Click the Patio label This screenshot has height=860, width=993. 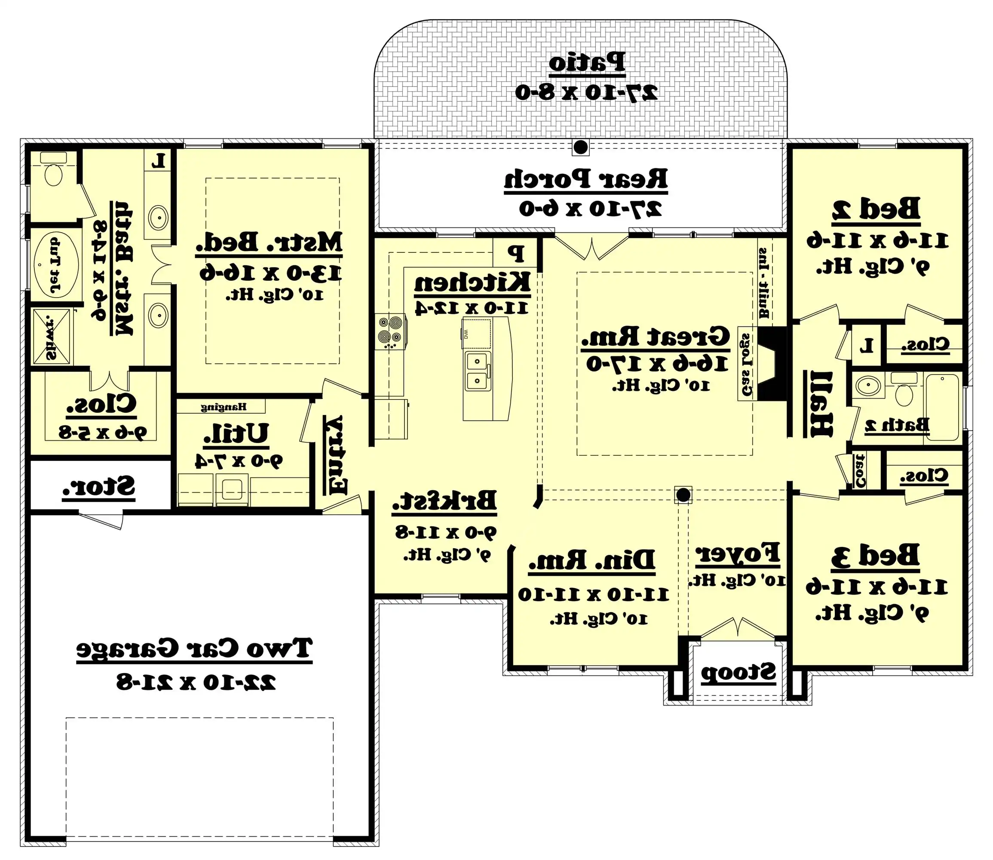click(x=587, y=63)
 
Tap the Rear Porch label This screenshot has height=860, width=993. click(x=585, y=179)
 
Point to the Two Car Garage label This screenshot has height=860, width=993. click(x=194, y=648)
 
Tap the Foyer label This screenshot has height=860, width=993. click(x=737, y=553)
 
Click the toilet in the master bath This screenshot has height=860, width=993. click(x=53, y=175)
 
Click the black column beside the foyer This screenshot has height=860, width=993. click(x=683, y=494)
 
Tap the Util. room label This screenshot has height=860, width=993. click(x=236, y=433)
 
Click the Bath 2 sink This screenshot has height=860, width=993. click(x=869, y=385)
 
